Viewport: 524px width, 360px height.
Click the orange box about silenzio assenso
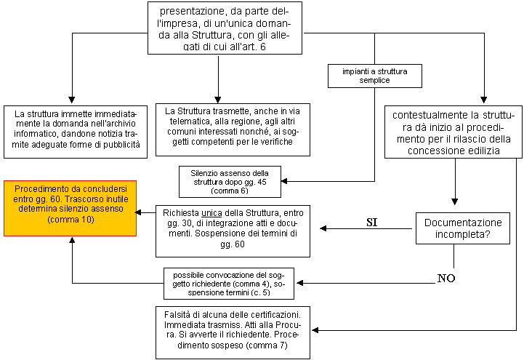pos(70,208)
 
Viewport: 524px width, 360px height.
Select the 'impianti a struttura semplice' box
pos(374,76)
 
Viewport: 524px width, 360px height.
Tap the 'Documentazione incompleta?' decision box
pos(463,228)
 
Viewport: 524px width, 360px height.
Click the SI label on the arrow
pos(371,223)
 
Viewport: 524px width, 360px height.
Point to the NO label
pos(446,278)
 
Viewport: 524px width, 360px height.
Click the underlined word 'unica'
pos(211,213)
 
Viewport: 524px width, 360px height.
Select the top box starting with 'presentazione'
pos(225,28)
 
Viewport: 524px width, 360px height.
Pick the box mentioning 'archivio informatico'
pos(76,132)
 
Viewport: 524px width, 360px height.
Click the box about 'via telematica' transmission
pos(233,129)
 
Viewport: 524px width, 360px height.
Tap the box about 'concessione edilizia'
pos(454,132)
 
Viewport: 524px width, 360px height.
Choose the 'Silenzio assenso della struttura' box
pos(230,182)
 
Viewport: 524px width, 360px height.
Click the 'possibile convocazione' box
pos(229,284)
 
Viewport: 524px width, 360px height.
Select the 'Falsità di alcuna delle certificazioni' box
pos(233,332)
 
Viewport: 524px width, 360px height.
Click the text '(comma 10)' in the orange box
pos(70,220)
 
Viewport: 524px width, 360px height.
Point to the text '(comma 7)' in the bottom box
pos(267,345)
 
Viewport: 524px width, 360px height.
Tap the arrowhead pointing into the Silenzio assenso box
pos(284,181)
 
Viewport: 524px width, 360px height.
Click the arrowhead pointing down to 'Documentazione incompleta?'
pos(454,201)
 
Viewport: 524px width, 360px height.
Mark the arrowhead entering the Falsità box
pos(315,330)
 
